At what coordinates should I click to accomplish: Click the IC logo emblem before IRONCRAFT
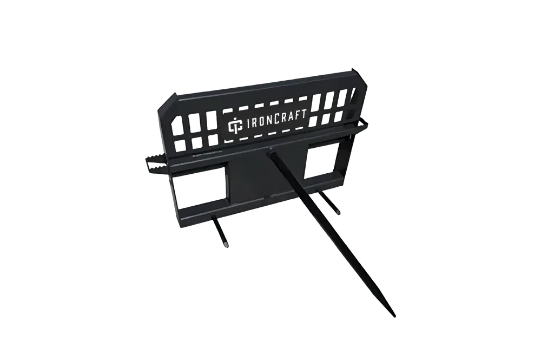233,126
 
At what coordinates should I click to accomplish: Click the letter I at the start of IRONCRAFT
241,126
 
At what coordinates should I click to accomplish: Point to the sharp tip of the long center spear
394,316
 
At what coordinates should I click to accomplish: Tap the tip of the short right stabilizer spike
339,212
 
